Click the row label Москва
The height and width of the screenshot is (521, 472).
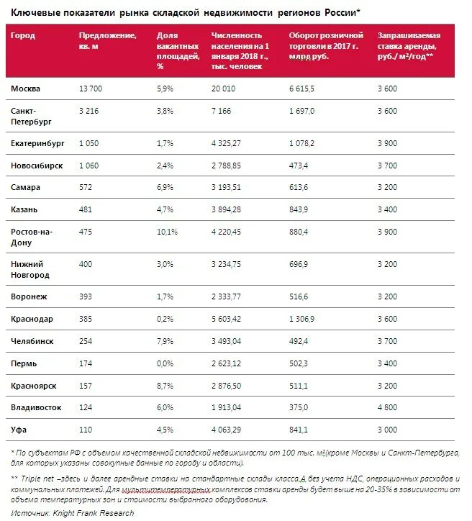click(26, 89)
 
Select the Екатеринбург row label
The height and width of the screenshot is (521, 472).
click(37, 144)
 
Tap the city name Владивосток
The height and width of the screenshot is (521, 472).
click(37, 407)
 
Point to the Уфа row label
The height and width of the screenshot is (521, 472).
click(19, 430)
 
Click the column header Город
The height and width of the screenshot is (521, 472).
click(23, 35)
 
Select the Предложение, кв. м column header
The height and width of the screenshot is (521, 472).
click(108, 40)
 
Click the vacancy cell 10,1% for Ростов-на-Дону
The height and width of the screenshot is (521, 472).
click(167, 232)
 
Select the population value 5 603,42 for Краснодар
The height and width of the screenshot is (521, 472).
click(232, 319)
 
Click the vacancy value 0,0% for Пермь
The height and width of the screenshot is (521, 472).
click(165, 363)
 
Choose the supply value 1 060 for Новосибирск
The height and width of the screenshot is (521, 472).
click(91, 166)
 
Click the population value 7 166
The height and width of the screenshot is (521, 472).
click(224, 111)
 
